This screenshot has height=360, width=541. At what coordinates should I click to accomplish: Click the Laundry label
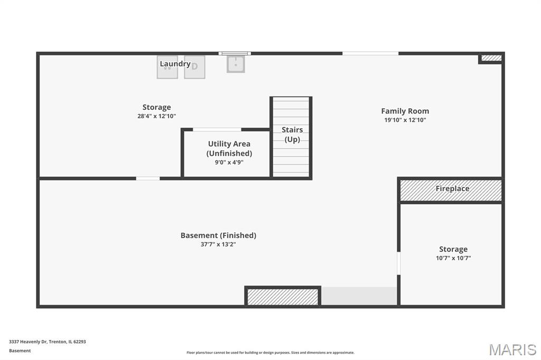tap(175, 64)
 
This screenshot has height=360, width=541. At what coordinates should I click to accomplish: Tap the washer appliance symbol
tap(167, 67)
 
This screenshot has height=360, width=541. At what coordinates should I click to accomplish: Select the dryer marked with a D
tap(194, 67)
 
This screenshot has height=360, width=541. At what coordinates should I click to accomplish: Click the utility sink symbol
tap(236, 64)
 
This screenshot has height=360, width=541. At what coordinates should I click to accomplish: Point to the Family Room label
tap(405, 111)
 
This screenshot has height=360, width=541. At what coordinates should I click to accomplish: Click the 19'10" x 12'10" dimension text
tap(405, 120)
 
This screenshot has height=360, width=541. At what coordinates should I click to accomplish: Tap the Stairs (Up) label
tap(292, 135)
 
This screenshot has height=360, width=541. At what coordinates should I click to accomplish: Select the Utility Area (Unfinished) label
tap(229, 149)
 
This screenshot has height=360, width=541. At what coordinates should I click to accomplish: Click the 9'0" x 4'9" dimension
tap(229, 162)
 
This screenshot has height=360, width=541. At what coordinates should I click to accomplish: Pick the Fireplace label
tap(452, 188)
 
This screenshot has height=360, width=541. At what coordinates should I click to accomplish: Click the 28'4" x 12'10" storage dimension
tap(156, 116)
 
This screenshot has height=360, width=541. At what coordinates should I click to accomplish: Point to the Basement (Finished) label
tap(218, 235)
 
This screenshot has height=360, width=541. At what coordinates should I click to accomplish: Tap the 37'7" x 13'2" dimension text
tap(218, 244)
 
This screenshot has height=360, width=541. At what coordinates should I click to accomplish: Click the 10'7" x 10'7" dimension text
tap(453, 258)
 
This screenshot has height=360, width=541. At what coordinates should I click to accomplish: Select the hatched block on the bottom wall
tap(283, 297)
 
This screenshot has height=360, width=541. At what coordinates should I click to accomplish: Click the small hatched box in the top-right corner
tap(491, 58)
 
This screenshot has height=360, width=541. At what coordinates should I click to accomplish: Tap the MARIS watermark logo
tap(512, 349)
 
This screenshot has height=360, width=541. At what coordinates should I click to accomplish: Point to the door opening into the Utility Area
tap(217, 130)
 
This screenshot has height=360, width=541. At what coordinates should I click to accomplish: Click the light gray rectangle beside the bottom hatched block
tap(359, 296)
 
